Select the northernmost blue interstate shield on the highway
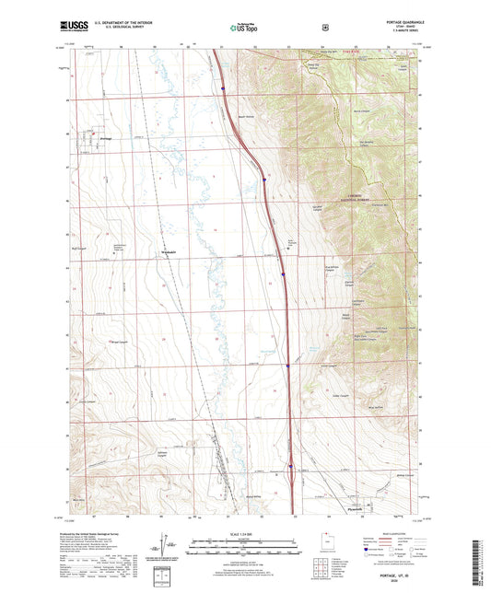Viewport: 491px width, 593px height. pos(223,88)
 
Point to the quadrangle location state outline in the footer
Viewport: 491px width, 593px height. pos(332,545)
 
